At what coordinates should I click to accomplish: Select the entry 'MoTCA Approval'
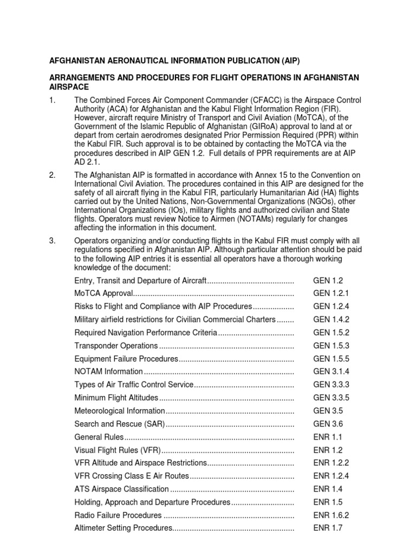click(x=103, y=293)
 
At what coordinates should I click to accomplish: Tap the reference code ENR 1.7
click(x=328, y=528)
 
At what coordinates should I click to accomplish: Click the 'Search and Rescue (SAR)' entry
click(x=119, y=424)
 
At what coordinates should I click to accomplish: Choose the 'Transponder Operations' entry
click(x=116, y=345)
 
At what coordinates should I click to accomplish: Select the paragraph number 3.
click(x=53, y=240)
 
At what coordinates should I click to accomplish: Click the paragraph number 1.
click(x=53, y=101)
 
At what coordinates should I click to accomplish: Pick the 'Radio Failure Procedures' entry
click(x=118, y=515)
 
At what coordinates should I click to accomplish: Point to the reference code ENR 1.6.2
click(x=331, y=515)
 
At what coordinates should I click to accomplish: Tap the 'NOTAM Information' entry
click(x=108, y=371)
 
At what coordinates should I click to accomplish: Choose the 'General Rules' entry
click(x=99, y=437)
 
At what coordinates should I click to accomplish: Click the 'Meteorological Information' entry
click(x=119, y=411)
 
